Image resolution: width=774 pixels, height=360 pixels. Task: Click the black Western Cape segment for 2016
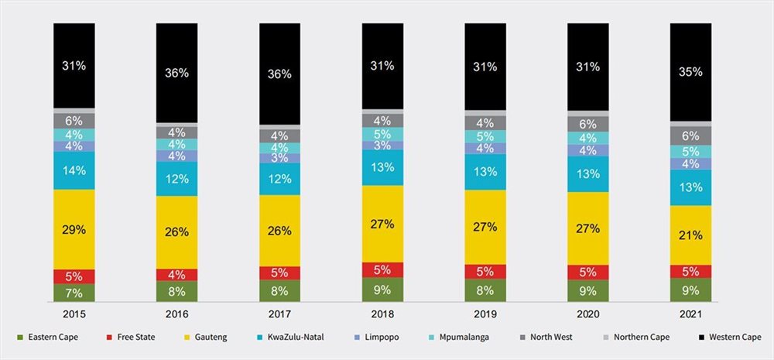click(x=176, y=73)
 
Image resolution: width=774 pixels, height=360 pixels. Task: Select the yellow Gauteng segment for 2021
click(x=690, y=235)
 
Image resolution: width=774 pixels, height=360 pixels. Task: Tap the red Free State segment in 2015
click(x=74, y=276)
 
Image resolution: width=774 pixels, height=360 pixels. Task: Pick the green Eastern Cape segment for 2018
click(x=382, y=290)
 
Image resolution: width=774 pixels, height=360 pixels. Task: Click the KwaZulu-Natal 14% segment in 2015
click(x=74, y=170)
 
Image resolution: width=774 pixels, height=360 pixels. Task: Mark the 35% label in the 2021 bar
click(x=690, y=71)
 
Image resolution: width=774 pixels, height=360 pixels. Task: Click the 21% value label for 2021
click(x=690, y=235)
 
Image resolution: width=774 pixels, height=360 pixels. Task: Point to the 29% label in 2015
click(x=74, y=229)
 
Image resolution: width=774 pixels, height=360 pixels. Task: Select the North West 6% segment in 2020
click(x=588, y=124)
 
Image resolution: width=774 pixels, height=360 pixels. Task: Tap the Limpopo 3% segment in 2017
click(x=279, y=159)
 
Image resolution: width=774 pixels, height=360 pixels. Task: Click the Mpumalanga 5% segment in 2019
click(x=485, y=135)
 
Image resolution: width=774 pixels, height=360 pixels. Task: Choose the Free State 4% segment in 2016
click(x=176, y=275)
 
